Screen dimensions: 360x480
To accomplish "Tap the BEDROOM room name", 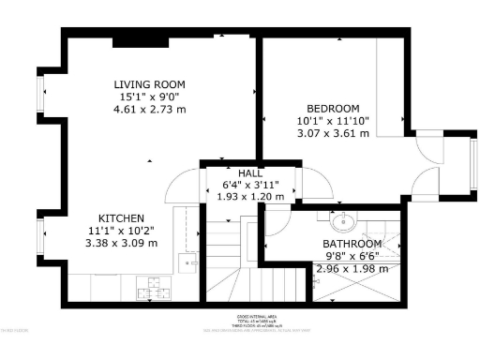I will click(333, 108).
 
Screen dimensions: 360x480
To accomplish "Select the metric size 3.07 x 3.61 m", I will click(333, 132).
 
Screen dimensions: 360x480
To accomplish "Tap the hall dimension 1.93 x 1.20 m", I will click(249, 198).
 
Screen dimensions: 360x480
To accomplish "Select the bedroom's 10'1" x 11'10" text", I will click(333, 120).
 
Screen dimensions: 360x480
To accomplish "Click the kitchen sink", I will click(190, 263).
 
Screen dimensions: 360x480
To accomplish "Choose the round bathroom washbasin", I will click(343, 221).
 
